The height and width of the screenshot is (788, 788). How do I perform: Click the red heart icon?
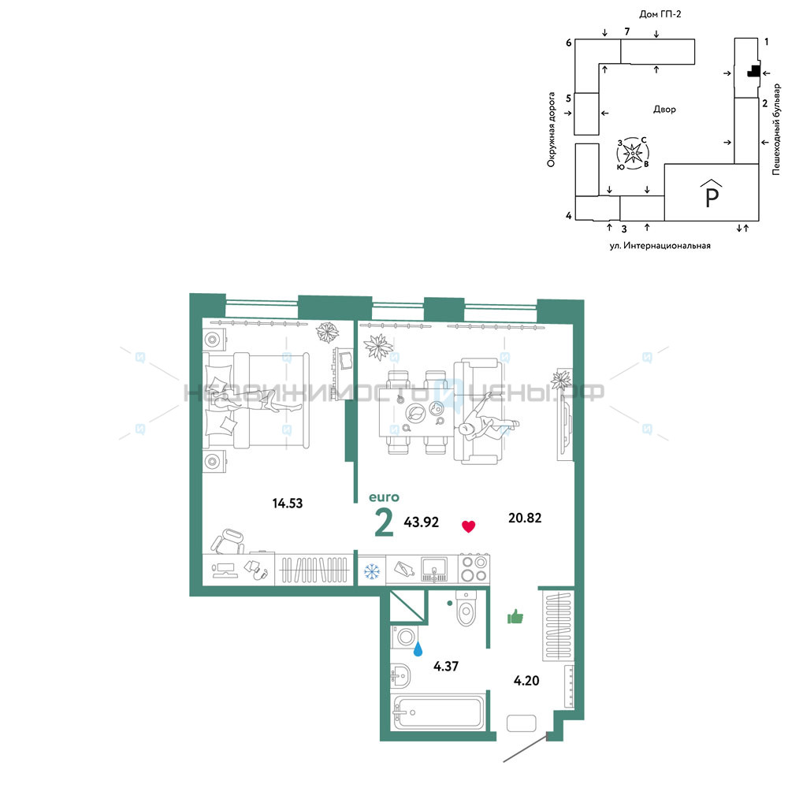(468, 526)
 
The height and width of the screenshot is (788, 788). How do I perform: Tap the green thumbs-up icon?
(515, 616)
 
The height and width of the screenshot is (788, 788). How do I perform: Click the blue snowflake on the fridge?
(372, 571)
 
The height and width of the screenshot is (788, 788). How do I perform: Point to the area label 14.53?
(288, 503)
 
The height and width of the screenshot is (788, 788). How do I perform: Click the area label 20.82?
(525, 518)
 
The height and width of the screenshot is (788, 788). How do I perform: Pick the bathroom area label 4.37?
(446, 666)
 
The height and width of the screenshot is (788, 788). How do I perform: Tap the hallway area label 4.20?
(526, 681)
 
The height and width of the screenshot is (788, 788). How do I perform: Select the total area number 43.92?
(421, 522)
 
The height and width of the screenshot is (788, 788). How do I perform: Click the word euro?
(384, 497)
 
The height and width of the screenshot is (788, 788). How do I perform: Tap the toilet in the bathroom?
(466, 608)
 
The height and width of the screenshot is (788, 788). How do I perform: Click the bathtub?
(437, 712)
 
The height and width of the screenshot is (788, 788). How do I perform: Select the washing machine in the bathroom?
(404, 637)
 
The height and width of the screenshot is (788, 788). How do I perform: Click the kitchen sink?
(433, 569)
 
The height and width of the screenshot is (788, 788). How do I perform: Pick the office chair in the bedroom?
(228, 541)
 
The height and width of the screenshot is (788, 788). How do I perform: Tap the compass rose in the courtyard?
(633, 153)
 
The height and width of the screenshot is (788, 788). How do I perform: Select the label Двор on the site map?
(664, 109)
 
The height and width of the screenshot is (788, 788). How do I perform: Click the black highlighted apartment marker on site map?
(753, 71)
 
